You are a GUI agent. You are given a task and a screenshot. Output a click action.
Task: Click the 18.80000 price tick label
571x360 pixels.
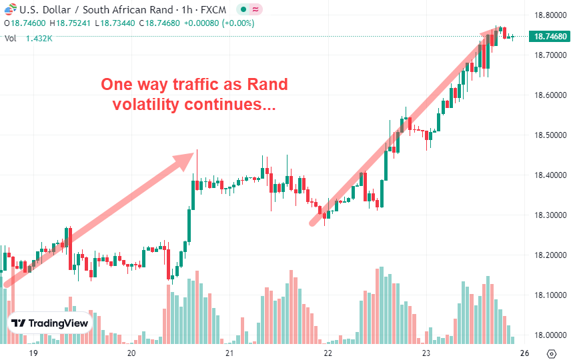click(544, 15)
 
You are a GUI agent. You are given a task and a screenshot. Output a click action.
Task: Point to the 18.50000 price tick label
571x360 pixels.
click(544, 135)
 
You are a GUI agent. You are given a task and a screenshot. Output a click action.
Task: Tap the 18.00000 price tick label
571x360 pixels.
click(544, 335)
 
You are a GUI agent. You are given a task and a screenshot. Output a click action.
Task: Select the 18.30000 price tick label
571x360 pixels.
click(544, 215)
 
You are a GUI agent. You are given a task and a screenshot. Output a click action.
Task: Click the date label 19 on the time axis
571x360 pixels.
click(33, 353)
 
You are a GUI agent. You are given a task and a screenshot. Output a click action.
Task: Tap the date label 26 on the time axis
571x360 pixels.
click(525, 353)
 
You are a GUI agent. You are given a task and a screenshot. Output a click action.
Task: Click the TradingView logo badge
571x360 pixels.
click(50, 323)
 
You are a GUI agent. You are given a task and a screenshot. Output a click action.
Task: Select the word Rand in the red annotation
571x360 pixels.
click(267, 85)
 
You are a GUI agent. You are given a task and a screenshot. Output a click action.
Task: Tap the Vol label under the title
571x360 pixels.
click(10, 39)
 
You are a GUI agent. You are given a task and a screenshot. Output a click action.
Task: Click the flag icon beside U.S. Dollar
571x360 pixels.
click(9, 10)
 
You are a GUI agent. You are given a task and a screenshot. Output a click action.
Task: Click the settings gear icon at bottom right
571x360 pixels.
click(552, 353)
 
